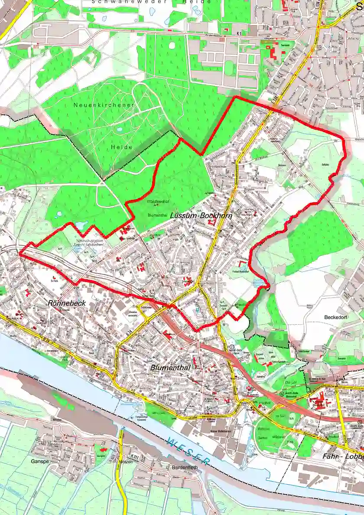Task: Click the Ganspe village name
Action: coord(39,462)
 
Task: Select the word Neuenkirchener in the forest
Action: coord(104,105)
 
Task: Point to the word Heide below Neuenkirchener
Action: coord(122,147)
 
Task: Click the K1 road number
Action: coord(238,33)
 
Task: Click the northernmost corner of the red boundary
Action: coord(235,97)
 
